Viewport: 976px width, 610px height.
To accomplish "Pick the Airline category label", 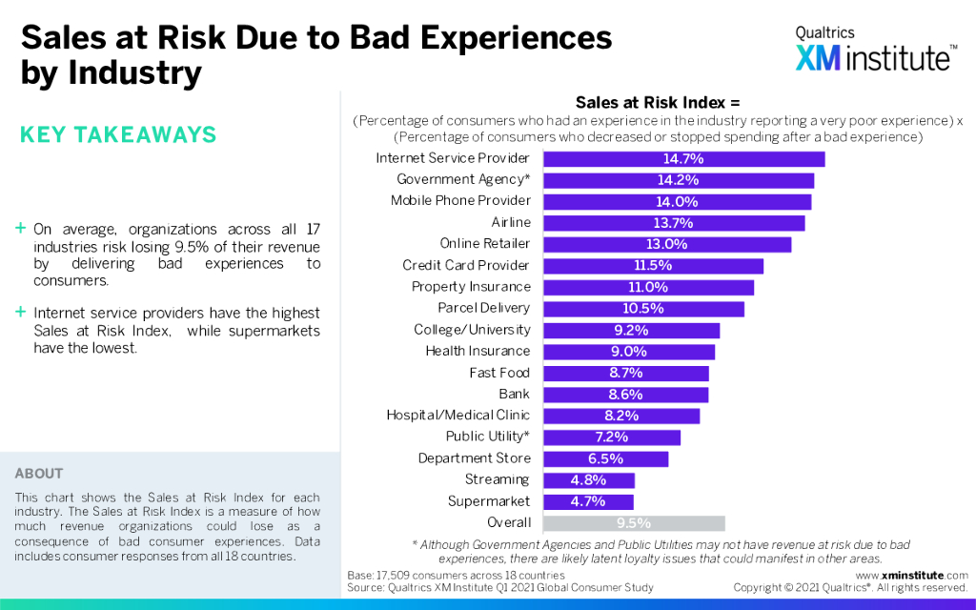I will [x=511, y=223].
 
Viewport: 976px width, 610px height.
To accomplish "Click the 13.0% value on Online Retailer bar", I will [x=667, y=245].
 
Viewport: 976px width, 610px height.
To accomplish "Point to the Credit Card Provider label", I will [x=466, y=266].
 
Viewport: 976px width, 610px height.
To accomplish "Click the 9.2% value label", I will [x=631, y=331].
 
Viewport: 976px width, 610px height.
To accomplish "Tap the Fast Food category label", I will [x=499, y=374].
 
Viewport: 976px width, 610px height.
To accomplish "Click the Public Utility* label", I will [x=488, y=437].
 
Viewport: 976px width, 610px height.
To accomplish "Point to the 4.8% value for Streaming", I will [x=588, y=480].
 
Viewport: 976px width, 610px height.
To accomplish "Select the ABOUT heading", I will [x=39, y=474].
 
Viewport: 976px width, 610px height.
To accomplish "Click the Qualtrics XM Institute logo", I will [x=875, y=50].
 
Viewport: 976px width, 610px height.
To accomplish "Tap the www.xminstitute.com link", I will [x=912, y=576].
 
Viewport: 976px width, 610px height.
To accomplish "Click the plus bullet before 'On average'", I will [x=21, y=230].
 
